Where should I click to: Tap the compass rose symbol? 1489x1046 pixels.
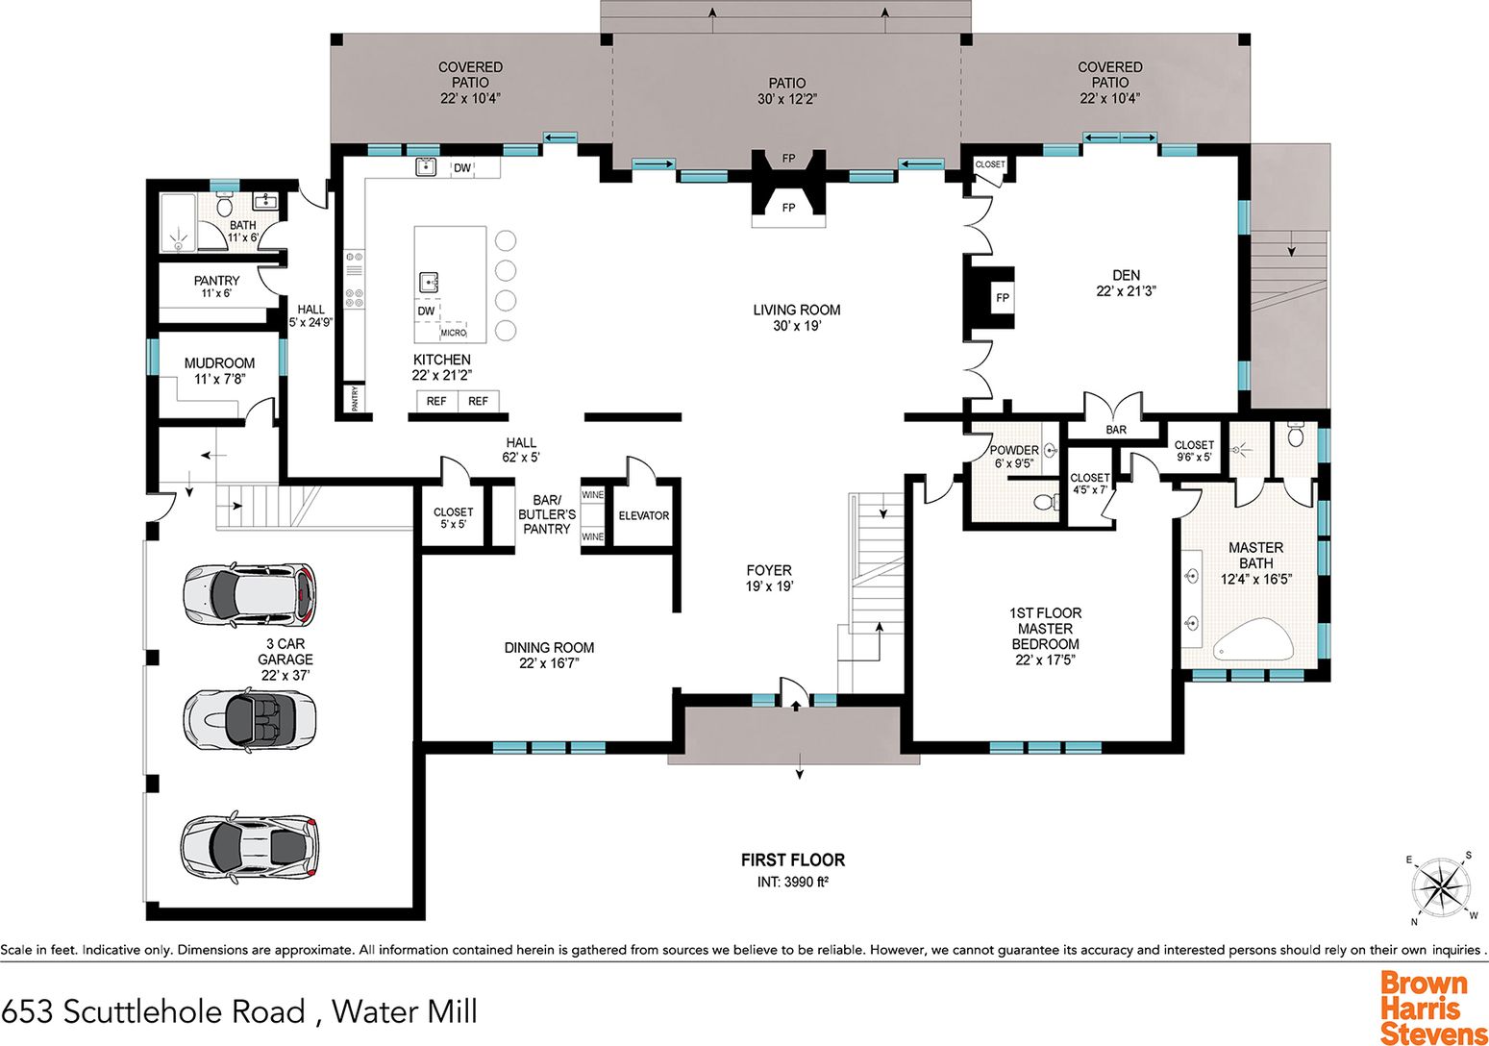pos(1441,887)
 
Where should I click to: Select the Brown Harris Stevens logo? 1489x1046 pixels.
pos(1432,1006)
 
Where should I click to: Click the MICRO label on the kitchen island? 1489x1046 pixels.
pos(454,333)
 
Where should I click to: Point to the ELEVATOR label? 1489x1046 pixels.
pos(643,515)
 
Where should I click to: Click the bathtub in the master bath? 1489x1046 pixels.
pos(1253,639)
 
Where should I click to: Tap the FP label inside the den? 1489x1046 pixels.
pos(1003,298)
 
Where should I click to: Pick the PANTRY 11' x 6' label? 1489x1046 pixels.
pos(216,286)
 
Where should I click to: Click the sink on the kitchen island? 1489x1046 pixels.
pos(429,282)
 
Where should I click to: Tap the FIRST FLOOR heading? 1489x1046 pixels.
pos(793,859)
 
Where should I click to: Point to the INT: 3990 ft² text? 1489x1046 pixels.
pos(793,882)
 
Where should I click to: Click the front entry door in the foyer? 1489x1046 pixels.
pos(794,693)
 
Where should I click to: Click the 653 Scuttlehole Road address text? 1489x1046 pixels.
pos(153,1011)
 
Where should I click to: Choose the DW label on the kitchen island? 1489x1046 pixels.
pos(426,311)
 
